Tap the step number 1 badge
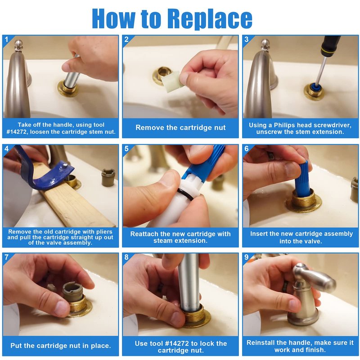click(6, 39)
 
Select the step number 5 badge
click(126, 148)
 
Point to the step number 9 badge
click(247, 257)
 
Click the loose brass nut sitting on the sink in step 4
click(108, 177)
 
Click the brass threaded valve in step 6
click(303, 200)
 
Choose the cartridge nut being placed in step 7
click(72, 290)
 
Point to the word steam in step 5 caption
click(163, 241)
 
